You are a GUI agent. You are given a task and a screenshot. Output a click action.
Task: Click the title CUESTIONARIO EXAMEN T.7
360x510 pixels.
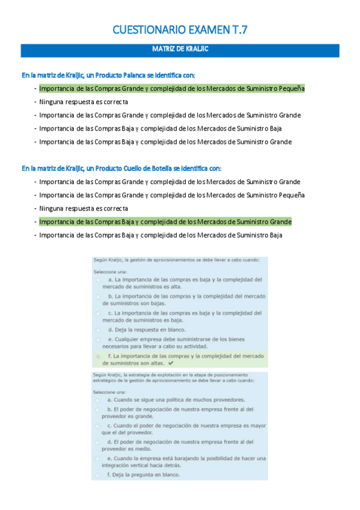(180, 31)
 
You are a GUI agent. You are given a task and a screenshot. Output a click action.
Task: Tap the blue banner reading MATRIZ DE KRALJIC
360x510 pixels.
(180, 50)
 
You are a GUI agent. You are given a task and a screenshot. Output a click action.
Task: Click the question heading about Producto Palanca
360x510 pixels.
(108, 75)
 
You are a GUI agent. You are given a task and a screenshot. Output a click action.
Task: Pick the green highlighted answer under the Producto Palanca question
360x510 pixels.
(171, 88)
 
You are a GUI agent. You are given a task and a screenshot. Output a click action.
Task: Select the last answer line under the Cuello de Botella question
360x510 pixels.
(160, 235)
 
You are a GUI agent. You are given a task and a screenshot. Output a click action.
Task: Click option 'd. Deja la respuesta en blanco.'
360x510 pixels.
(147, 330)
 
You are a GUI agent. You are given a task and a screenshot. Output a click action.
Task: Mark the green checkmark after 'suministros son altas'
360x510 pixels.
(171, 364)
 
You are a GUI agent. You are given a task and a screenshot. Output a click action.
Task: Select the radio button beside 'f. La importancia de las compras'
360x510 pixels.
(98, 357)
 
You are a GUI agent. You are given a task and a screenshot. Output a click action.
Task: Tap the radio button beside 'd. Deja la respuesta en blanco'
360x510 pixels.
(98, 330)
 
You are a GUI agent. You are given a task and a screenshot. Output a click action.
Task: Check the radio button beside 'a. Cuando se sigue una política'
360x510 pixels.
(98, 400)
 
